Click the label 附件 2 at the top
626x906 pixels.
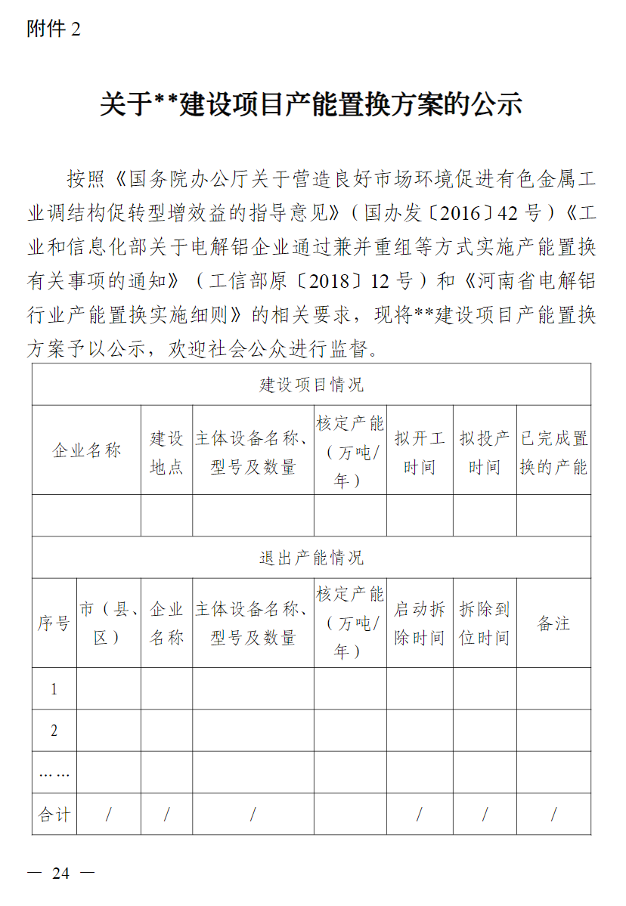pos(53,29)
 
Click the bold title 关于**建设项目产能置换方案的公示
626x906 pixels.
pos(311,104)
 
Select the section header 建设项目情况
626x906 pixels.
pos(311,385)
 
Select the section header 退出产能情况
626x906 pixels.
pos(311,558)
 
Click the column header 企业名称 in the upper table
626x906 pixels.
pos(86,451)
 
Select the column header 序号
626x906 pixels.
pos(54,624)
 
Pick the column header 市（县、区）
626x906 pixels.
pos(108,624)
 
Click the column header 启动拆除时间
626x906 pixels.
pos(420,624)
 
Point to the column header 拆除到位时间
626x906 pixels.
pos(485,624)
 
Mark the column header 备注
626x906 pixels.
pos(553,624)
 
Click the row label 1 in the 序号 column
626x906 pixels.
pos(54,689)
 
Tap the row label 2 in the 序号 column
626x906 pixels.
pos(54,731)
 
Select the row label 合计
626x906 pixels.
pos(54,815)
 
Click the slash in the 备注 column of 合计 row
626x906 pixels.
pos(553,815)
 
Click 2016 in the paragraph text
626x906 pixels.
pos(460,213)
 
